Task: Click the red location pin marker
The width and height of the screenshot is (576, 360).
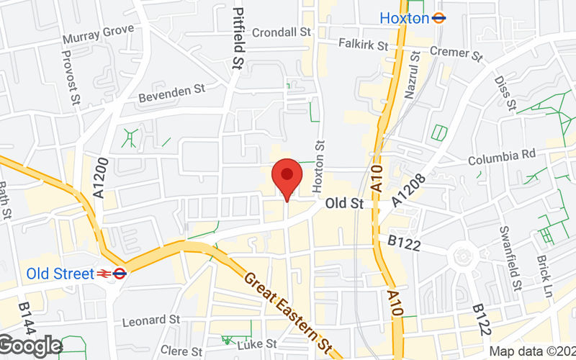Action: pyautogui.click(x=287, y=176)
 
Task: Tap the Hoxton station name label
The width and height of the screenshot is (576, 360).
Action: pyautogui.click(x=404, y=18)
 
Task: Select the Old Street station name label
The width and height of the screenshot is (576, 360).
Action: pyautogui.click(x=60, y=274)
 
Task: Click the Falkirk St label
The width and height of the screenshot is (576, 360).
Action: pyautogui.click(x=363, y=45)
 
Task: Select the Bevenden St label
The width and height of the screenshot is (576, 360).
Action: pyautogui.click(x=172, y=92)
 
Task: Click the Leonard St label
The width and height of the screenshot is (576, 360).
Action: pyautogui.click(x=150, y=319)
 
